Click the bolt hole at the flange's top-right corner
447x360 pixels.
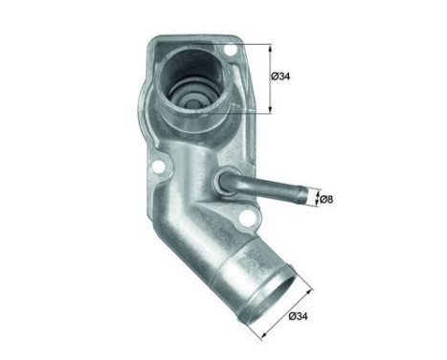pyautogui.click(x=229, y=50)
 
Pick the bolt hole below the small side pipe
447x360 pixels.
pyautogui.click(x=251, y=221)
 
